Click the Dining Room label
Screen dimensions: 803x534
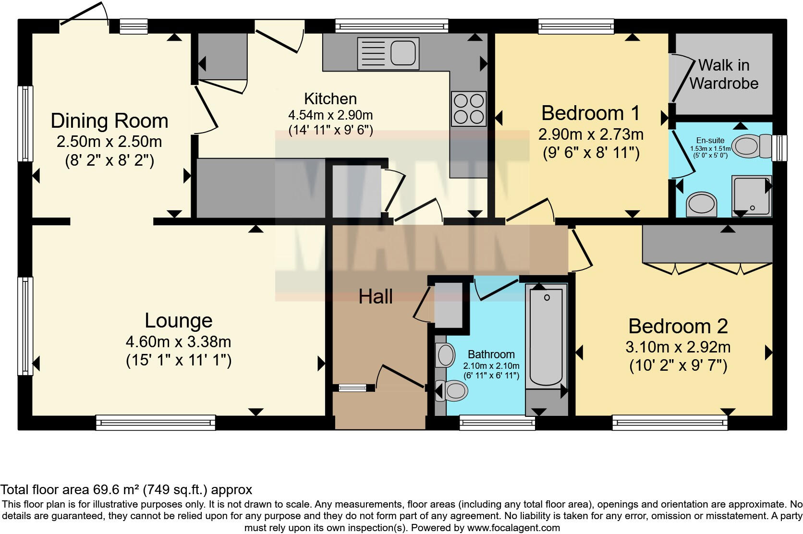[x=109, y=121]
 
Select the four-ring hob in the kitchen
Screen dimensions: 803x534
[x=469, y=109]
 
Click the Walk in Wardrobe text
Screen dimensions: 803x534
[x=724, y=74]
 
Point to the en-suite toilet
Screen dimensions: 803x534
[x=752, y=146]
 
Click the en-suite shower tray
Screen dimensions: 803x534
[x=752, y=196]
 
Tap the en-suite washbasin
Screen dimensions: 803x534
[x=701, y=205]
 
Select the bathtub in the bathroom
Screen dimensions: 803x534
[x=546, y=337]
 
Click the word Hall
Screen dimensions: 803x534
[x=376, y=297]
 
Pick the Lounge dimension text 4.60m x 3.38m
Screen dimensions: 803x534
[x=178, y=342]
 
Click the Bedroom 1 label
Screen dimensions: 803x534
[x=590, y=113]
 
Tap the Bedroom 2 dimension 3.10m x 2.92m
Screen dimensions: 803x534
[x=678, y=347]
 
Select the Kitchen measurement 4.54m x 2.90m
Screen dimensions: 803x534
[x=330, y=115]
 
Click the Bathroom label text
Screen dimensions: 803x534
[x=491, y=354]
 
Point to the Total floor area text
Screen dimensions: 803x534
[x=126, y=489]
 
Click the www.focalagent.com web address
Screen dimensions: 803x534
[x=513, y=528]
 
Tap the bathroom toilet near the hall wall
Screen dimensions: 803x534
[x=451, y=390]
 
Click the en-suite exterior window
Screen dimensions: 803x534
[x=779, y=147]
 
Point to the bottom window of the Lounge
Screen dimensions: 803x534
[x=156, y=423]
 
